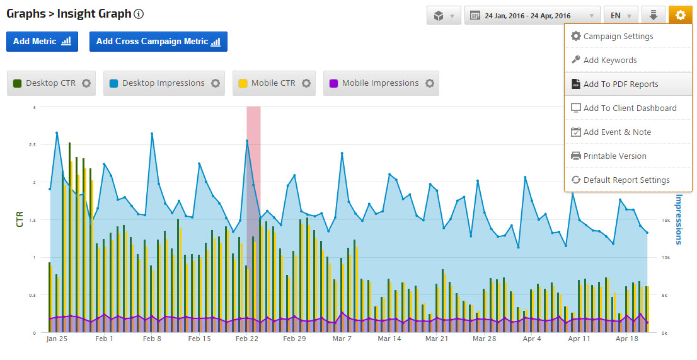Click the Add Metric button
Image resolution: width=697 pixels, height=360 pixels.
42,42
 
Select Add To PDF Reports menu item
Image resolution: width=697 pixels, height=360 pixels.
620,84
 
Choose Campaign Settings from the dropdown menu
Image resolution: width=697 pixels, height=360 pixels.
618,36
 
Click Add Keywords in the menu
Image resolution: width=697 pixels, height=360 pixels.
609,60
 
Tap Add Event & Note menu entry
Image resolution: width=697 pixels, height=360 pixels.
617,132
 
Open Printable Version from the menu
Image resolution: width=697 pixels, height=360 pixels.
614,156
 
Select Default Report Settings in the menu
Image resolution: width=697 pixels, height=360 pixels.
626,180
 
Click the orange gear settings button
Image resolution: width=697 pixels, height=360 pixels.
680,15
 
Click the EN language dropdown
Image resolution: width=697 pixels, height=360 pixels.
620,16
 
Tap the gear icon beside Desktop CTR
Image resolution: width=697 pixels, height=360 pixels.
86,83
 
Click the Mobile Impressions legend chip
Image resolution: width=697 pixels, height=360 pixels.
380,83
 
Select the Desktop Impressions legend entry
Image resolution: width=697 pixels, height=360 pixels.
163,83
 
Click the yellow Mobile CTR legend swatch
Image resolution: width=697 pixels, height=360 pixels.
243,83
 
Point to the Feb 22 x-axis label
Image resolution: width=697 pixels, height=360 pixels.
247,339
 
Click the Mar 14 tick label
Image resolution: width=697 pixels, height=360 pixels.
389,339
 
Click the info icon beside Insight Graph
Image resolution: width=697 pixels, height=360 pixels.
139,14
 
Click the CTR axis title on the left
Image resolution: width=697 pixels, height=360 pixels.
20,219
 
